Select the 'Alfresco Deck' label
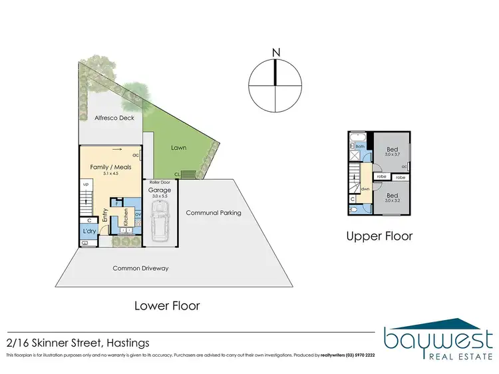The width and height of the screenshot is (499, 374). click(114, 118)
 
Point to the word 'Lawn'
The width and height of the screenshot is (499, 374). click(178, 148)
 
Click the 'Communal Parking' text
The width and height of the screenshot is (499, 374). click(213, 213)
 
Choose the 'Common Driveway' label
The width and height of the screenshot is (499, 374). click(140, 268)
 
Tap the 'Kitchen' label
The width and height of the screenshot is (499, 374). click(124, 218)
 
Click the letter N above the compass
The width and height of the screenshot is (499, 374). click(275, 52)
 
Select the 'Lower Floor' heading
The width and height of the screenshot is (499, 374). click(167, 306)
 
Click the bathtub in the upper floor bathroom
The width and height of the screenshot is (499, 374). click(359, 136)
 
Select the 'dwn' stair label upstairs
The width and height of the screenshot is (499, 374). click(365, 188)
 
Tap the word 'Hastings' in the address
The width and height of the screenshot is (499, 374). click(126, 343)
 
